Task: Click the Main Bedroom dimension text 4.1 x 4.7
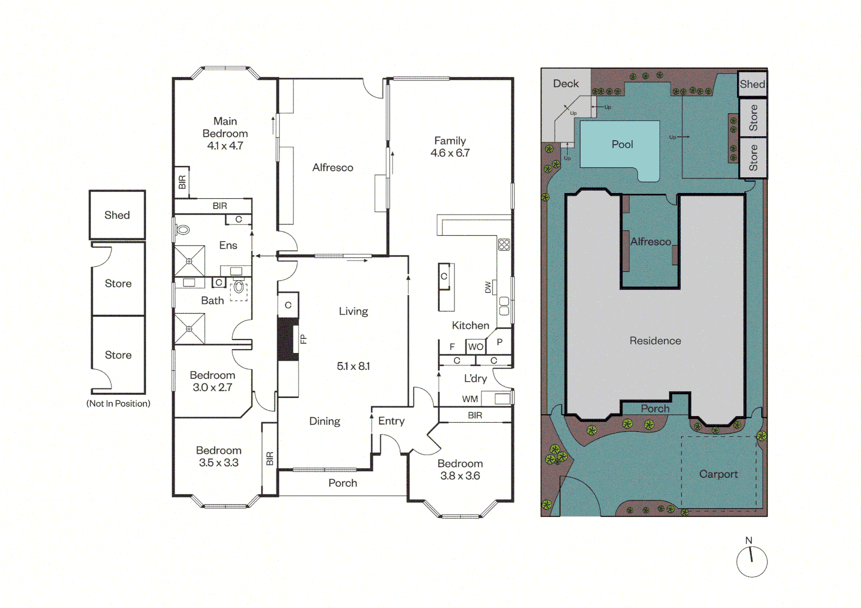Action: point(225,146)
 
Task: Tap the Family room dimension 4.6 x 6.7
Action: point(450,153)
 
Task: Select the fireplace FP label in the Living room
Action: point(304,339)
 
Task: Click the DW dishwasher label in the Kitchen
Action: point(488,287)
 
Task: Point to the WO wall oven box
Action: point(475,347)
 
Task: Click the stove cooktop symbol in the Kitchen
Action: point(504,244)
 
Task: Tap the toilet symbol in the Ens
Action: point(183,230)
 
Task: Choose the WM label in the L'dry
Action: point(470,399)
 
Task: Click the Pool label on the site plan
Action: point(622,144)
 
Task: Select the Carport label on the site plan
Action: point(719,474)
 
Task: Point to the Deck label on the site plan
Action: point(566,83)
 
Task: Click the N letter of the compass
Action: point(749,540)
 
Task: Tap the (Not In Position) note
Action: point(118,404)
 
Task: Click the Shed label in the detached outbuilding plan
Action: point(117,215)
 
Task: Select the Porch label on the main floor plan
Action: point(343,482)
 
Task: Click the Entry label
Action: point(391,421)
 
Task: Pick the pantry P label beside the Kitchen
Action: point(499,342)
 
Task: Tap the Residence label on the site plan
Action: point(655,341)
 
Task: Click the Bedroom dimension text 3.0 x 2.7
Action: point(212,387)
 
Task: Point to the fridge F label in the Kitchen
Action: point(452,347)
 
